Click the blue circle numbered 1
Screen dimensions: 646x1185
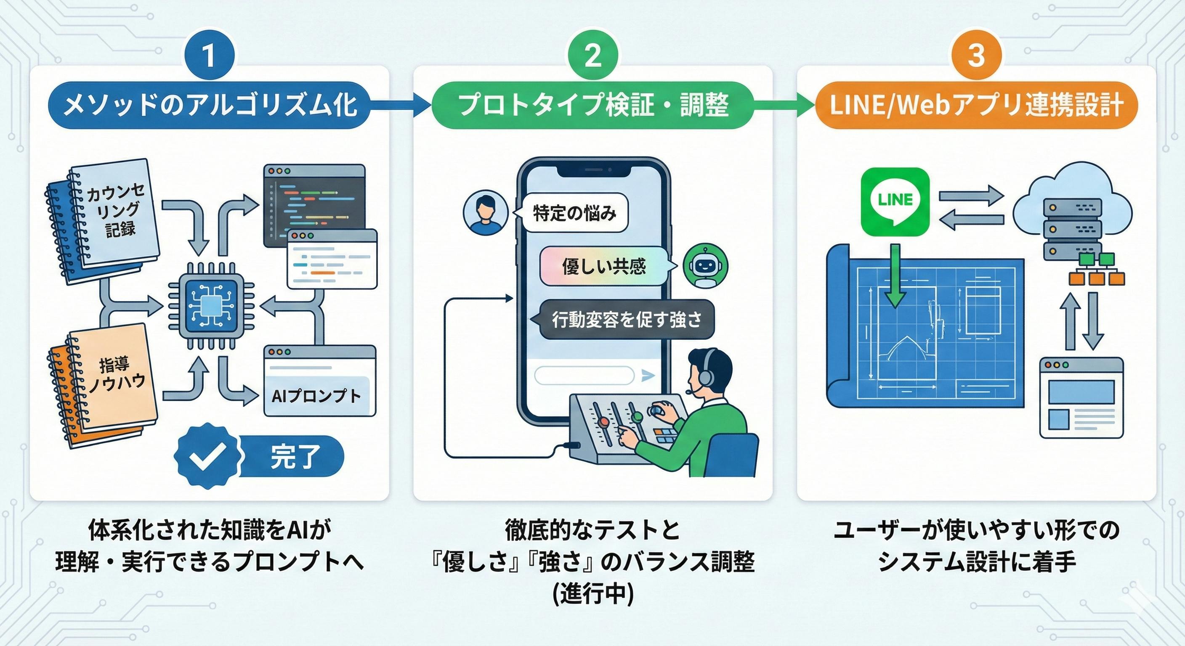209,56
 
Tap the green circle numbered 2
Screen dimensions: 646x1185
592,56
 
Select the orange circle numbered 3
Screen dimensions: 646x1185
976,56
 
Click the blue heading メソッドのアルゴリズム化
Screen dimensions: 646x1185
210,105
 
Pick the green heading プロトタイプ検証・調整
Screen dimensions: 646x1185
593,105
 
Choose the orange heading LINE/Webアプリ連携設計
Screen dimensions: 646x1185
976,105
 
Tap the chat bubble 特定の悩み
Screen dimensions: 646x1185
574,213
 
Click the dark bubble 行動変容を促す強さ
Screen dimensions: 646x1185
627,319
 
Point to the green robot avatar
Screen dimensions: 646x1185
705,266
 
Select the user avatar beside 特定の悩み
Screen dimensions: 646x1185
485,213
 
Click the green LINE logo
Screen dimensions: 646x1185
895,201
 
